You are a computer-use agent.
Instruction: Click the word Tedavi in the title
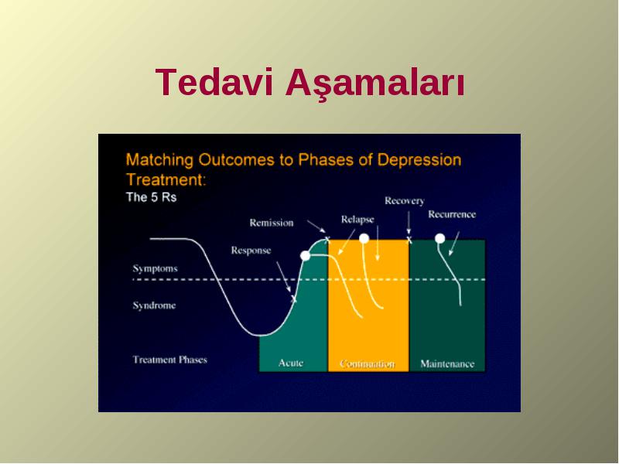tap(214, 82)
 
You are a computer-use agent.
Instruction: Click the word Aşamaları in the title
tap(375, 84)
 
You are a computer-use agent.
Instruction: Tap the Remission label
tap(272, 223)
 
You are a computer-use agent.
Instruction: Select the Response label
tap(251, 251)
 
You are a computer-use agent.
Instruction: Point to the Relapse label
tap(357, 220)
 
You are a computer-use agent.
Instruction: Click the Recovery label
tap(405, 201)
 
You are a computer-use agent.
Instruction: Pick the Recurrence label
tap(452, 214)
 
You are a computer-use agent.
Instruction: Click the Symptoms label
tap(156, 268)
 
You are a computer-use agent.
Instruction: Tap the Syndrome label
tap(154, 305)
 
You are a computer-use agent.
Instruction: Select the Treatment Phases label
tap(169, 360)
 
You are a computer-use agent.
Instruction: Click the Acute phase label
tap(291, 363)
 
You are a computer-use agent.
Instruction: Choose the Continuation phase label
tap(368, 363)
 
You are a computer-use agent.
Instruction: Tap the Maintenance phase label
tap(447, 363)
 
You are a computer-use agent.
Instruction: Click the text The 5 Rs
tap(151, 197)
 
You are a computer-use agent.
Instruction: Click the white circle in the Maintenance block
tap(439, 239)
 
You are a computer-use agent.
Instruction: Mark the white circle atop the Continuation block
tap(364, 238)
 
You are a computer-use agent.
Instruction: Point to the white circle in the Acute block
tap(305, 256)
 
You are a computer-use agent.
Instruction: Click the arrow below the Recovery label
tap(409, 223)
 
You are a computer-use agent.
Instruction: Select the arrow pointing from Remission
tap(316, 227)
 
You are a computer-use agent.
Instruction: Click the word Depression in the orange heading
tap(419, 160)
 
